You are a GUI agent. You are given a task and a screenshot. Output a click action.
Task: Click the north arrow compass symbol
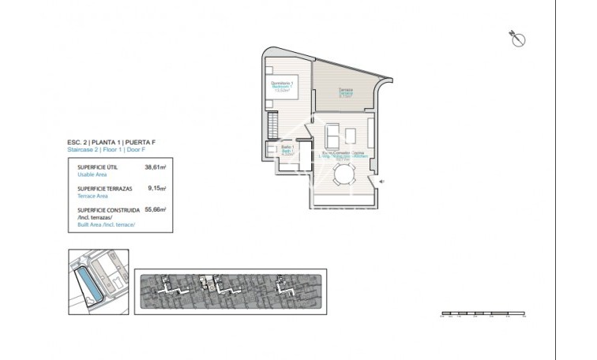click(x=518, y=39)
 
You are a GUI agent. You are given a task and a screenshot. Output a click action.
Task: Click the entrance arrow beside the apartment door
click(x=381, y=182)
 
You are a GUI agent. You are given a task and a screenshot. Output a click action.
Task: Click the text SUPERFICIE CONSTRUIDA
click(x=108, y=211)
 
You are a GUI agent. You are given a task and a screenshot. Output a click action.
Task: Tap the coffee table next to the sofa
click(x=351, y=131)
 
